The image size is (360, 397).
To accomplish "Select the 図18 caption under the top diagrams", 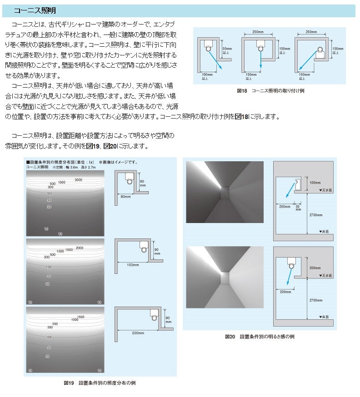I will tap(270, 91).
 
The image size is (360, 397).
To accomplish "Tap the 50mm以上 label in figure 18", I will tap(226, 50).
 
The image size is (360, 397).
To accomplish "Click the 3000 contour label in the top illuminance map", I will tap(78, 180).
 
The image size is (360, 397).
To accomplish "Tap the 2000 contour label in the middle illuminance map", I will tap(80, 248).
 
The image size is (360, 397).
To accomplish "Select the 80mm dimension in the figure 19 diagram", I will tap(126, 197).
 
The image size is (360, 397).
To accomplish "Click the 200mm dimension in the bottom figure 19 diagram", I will tap(138, 332).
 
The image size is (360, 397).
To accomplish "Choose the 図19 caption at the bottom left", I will tap(100, 383).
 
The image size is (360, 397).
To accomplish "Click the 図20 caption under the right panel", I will tap(260, 337).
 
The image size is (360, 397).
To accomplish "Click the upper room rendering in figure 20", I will tap(225, 193).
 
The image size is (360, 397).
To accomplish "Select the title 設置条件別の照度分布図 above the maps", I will tap(59, 162).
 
